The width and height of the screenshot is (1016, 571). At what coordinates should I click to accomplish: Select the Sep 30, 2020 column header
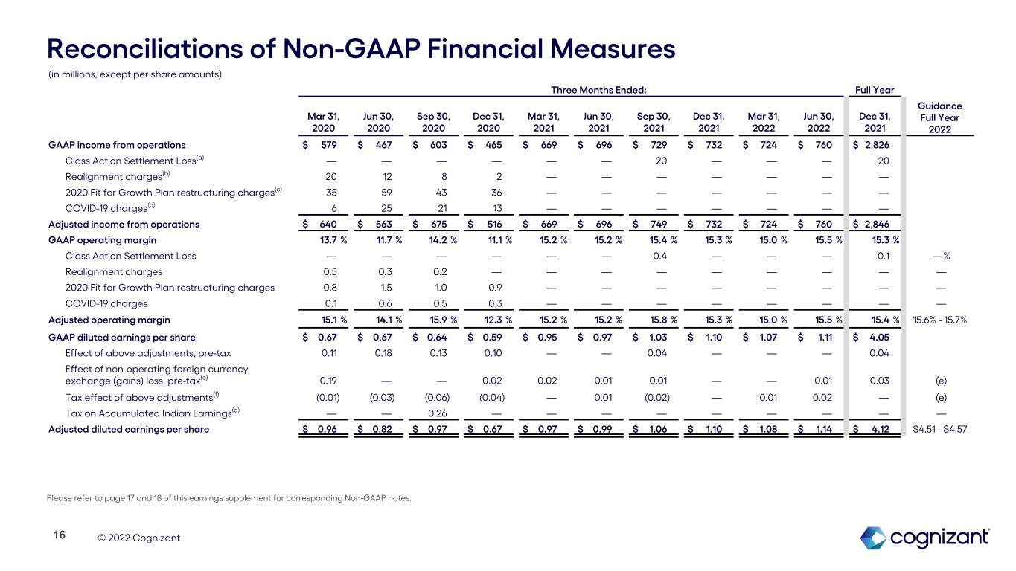pyautogui.click(x=433, y=122)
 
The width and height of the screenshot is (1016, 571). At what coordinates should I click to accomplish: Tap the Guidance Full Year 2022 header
pyautogui.click(x=945, y=117)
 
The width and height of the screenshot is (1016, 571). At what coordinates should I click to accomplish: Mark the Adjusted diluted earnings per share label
pyautogui.click(x=129, y=429)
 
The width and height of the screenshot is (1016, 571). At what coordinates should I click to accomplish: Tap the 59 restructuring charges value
pyautogui.click(x=386, y=192)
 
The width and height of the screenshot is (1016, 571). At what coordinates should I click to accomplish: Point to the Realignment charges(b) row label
pyautogui.click(x=113, y=176)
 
